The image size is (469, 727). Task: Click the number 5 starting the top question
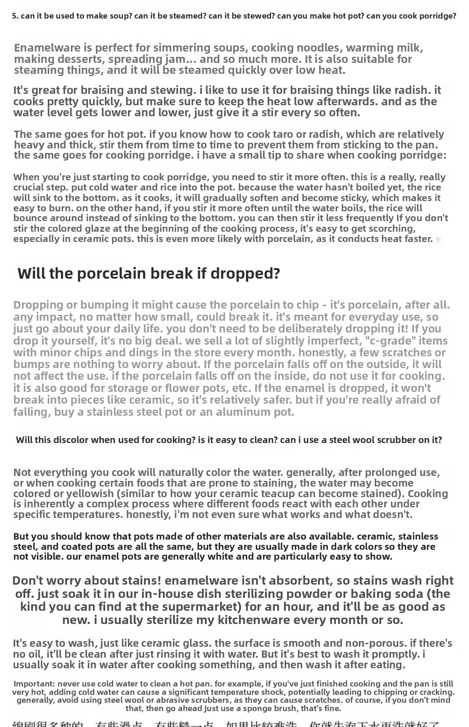click(14, 16)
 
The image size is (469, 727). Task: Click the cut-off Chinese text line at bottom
click(227, 724)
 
